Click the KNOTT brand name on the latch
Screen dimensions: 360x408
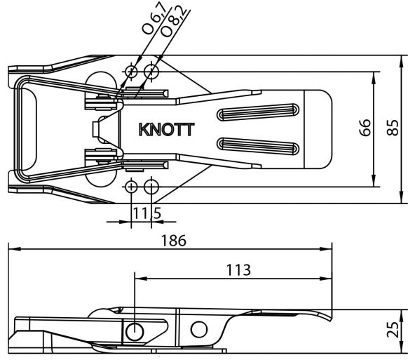click(167, 129)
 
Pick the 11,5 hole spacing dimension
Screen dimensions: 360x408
click(142, 212)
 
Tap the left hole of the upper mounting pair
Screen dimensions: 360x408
click(131, 72)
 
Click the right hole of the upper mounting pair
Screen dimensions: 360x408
click(151, 72)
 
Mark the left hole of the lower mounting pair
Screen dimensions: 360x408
click(131, 187)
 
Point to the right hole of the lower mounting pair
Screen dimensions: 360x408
click(151, 187)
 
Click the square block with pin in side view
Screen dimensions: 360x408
click(135, 330)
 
